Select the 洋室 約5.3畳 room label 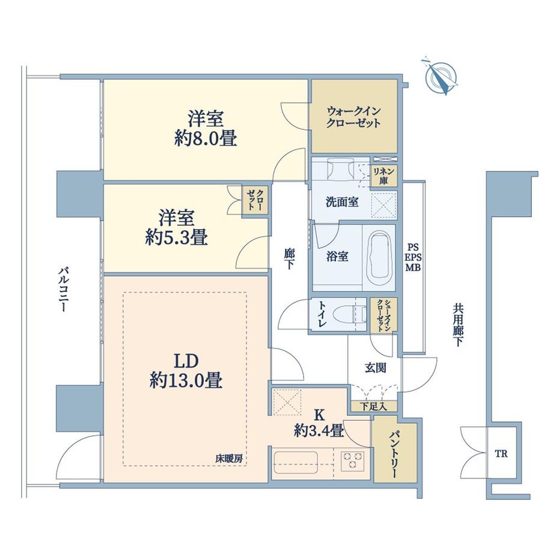tap(176, 227)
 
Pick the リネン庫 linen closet tap(382, 176)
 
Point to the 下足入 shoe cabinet tap(373, 407)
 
